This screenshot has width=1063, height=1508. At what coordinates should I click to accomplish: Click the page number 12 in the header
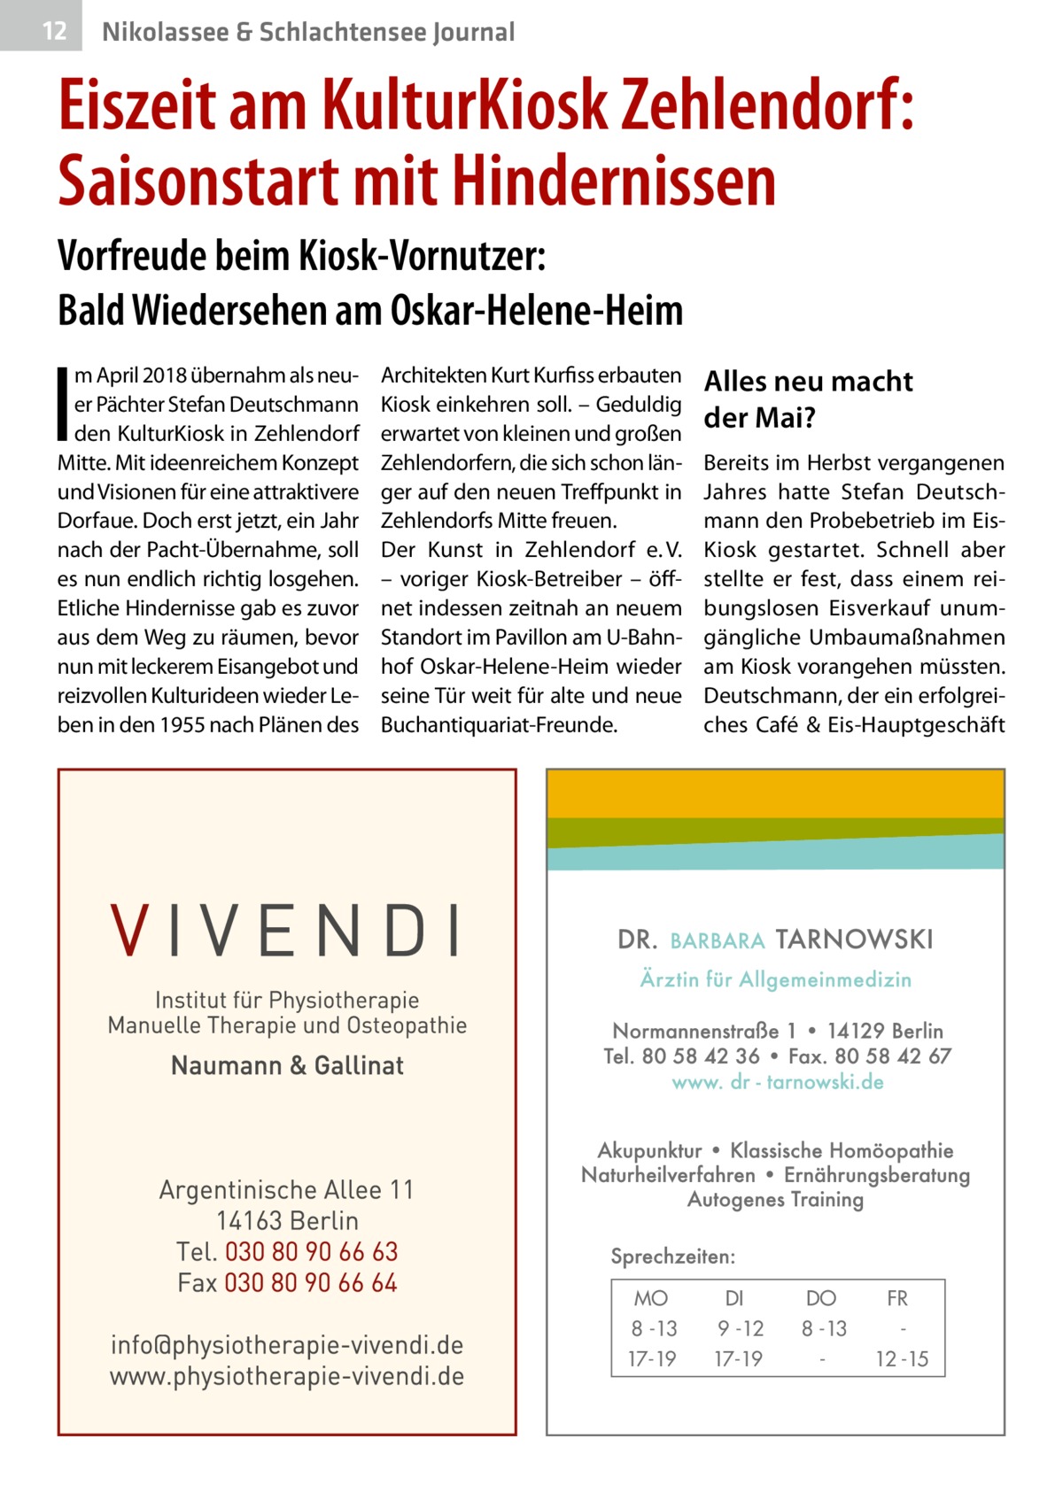pyautogui.click(x=54, y=32)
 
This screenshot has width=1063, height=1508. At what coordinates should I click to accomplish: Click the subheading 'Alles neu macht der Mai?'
pyautogui.click(x=807, y=399)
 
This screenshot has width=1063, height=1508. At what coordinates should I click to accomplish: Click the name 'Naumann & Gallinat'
pyautogui.click(x=287, y=1065)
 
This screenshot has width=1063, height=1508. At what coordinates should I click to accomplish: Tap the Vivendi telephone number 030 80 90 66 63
pyautogui.click(x=311, y=1252)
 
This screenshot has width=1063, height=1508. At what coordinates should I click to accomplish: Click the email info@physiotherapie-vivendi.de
pyautogui.click(x=287, y=1346)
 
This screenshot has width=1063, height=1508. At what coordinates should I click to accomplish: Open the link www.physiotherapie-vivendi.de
pyautogui.click(x=287, y=1377)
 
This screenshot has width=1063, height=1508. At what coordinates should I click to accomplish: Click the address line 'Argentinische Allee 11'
pyautogui.click(x=287, y=1190)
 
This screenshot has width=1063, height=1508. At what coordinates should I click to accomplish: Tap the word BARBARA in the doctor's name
pyautogui.click(x=718, y=940)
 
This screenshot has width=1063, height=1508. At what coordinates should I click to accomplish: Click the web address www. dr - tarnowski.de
pyautogui.click(x=777, y=1082)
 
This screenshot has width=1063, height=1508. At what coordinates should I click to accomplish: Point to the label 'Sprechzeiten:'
pyautogui.click(x=672, y=1257)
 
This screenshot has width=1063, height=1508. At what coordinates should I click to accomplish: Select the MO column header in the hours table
pyautogui.click(x=651, y=1299)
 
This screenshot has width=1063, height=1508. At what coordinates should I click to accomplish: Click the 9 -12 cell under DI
pyautogui.click(x=739, y=1329)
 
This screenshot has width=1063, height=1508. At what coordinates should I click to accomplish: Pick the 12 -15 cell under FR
pyautogui.click(x=902, y=1359)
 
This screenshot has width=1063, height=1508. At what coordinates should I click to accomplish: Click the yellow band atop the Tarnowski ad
pyautogui.click(x=775, y=793)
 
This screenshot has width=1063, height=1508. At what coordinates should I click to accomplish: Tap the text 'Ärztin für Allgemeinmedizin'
pyautogui.click(x=775, y=979)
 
